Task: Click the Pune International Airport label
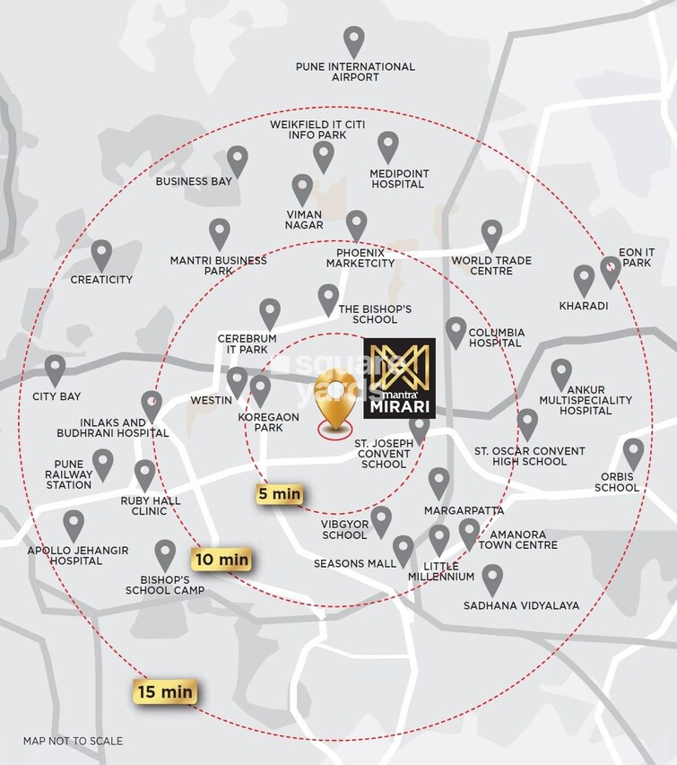(356, 72)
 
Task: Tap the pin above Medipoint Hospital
(387, 146)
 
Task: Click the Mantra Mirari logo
(399, 378)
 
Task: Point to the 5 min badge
(279, 494)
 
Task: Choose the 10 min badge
(221, 560)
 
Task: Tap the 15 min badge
(165, 691)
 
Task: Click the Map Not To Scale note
(73, 742)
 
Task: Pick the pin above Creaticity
(101, 255)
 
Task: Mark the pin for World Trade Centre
(491, 235)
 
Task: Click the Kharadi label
(584, 306)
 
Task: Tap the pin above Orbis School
(633, 453)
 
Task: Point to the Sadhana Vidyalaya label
(521, 605)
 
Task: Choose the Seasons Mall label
(354, 564)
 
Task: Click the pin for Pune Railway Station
(103, 463)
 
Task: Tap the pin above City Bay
(56, 369)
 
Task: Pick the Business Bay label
(194, 181)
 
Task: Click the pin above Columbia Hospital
(456, 331)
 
